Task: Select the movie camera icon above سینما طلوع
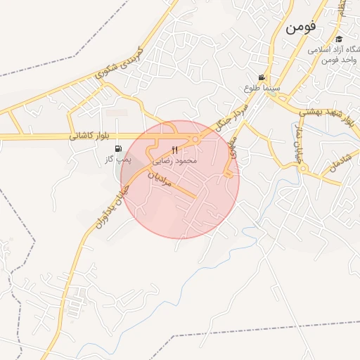pyautogui.click(x=262, y=77)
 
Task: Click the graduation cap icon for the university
pyautogui.click(x=340, y=39)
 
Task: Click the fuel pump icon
pyautogui.click(x=118, y=148)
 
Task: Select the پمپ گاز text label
pyautogui.click(x=118, y=160)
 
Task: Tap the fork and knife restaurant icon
pyautogui.click(x=174, y=150)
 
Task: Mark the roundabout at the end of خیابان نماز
pyautogui.click(x=302, y=168)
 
